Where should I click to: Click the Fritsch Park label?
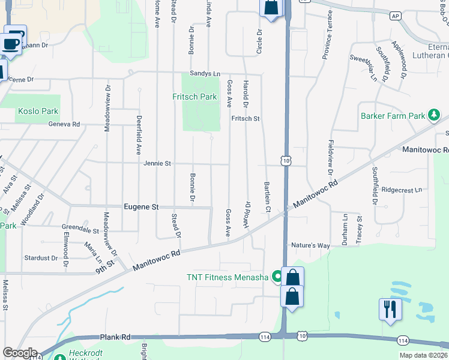[x=194, y=97]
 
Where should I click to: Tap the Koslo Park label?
[x=38, y=111]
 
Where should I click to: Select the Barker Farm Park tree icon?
[x=434, y=115]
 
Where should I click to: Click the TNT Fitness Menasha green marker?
[x=277, y=277]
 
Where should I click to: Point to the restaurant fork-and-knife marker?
[x=390, y=309]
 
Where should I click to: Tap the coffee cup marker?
[x=12, y=42]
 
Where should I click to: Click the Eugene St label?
[x=141, y=207]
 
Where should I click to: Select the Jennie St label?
[x=157, y=163]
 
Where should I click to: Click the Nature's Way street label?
[x=310, y=245]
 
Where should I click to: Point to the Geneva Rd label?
[x=64, y=124]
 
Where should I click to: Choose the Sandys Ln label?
[x=205, y=73]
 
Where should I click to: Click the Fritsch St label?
[x=245, y=118]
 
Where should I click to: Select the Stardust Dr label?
[x=41, y=258]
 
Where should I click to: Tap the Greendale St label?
[x=80, y=230]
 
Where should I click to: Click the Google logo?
[x=20, y=353]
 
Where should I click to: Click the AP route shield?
[x=395, y=16]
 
